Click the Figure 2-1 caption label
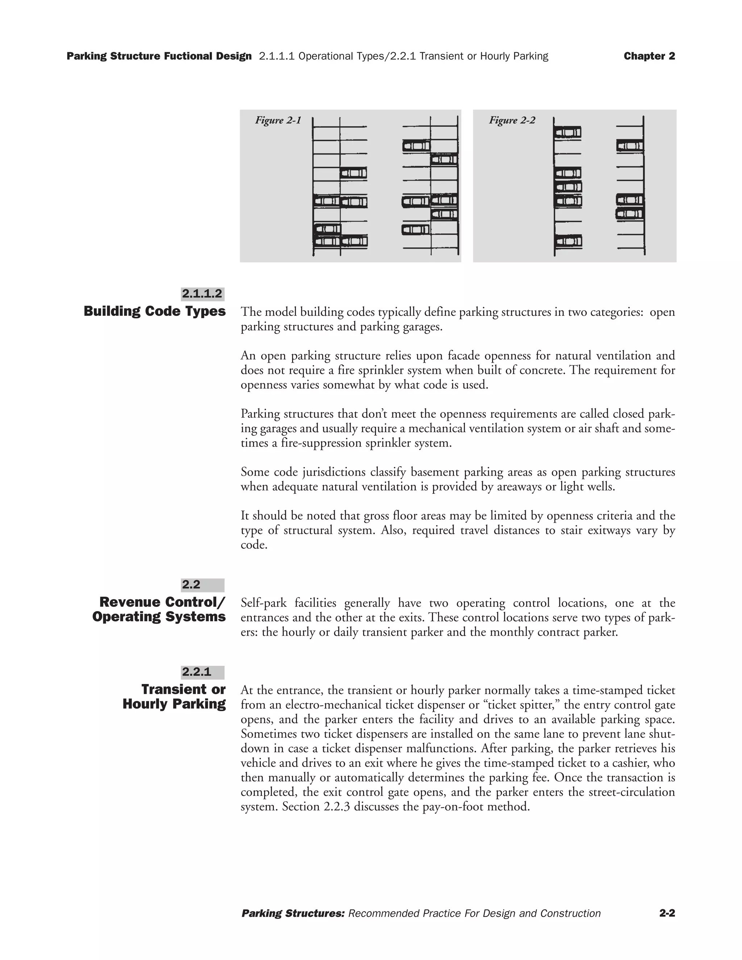click(278, 120)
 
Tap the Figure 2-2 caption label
click(512, 120)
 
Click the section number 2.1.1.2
click(202, 294)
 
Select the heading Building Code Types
click(155, 311)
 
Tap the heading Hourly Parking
click(174, 704)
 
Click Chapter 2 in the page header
click(649, 56)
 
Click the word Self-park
click(264, 603)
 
